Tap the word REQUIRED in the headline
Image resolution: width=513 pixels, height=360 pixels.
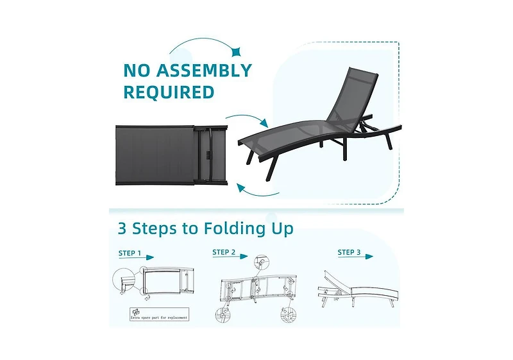tap(169, 92)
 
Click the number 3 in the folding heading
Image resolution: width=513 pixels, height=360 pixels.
tap(122, 228)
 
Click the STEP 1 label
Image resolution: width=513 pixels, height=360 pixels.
tap(130, 253)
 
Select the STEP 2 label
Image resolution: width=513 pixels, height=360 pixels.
tap(224, 252)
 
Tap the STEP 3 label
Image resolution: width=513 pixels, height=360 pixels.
tap(349, 252)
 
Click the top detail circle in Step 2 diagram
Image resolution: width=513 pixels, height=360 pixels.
tap(259, 262)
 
